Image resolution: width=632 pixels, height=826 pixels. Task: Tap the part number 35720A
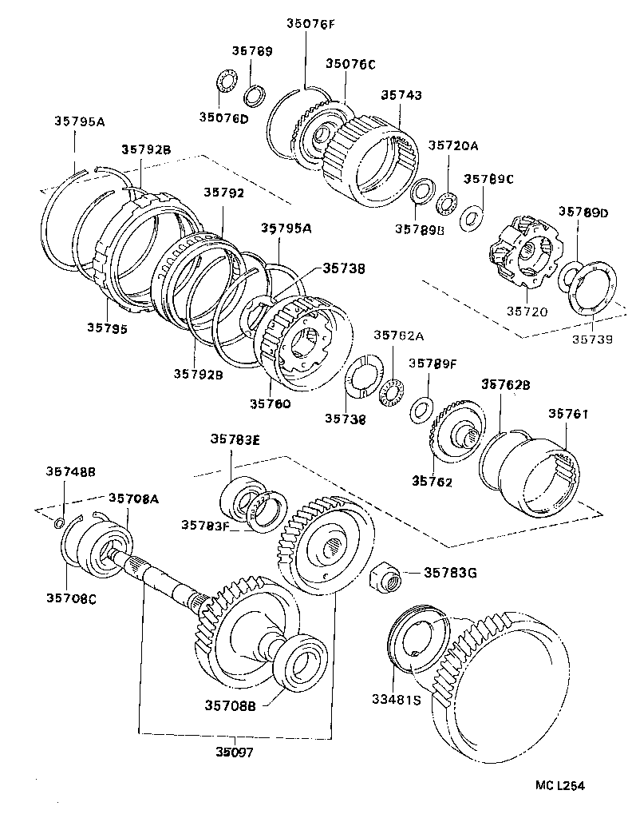tap(452, 145)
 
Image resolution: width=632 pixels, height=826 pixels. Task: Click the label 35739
tap(592, 340)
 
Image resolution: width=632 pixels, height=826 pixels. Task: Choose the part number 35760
tap(270, 403)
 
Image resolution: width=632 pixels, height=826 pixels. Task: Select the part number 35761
tap(568, 414)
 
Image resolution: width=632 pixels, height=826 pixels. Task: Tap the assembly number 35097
tap(236, 752)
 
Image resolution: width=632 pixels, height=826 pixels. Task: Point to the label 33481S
tap(395, 700)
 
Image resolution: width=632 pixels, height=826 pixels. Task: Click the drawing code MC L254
tap(559, 786)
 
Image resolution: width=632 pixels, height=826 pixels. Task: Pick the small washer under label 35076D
tap(227, 81)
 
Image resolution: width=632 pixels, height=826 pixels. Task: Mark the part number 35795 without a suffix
tap(106, 327)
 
